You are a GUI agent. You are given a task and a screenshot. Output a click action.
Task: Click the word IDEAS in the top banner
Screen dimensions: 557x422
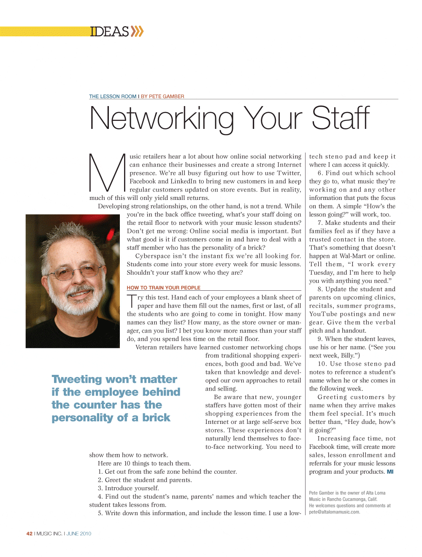coord(109,32)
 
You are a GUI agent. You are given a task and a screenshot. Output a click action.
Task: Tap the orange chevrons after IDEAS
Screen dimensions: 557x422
coord(137,31)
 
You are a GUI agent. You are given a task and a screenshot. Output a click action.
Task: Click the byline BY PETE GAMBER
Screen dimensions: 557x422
coord(162,96)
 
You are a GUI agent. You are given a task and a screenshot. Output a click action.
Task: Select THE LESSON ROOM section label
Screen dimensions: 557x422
coord(113,96)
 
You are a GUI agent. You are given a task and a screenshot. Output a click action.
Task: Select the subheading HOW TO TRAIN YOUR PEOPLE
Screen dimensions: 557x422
coord(163,288)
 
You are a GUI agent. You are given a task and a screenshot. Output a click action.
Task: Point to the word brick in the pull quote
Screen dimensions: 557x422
coord(156,418)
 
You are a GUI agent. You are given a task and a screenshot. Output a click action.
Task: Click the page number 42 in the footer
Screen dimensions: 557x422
coord(29,534)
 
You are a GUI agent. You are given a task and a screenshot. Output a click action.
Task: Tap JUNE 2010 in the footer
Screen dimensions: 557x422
coord(79,534)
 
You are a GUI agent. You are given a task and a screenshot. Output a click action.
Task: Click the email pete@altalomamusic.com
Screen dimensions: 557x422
coord(334,512)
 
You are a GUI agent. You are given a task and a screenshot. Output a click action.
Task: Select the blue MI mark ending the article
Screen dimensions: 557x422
coord(390,472)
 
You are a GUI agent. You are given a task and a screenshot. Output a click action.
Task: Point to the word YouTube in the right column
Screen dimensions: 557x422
coord(323,314)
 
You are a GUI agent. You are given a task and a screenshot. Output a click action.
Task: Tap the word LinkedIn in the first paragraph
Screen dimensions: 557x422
coord(183,181)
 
